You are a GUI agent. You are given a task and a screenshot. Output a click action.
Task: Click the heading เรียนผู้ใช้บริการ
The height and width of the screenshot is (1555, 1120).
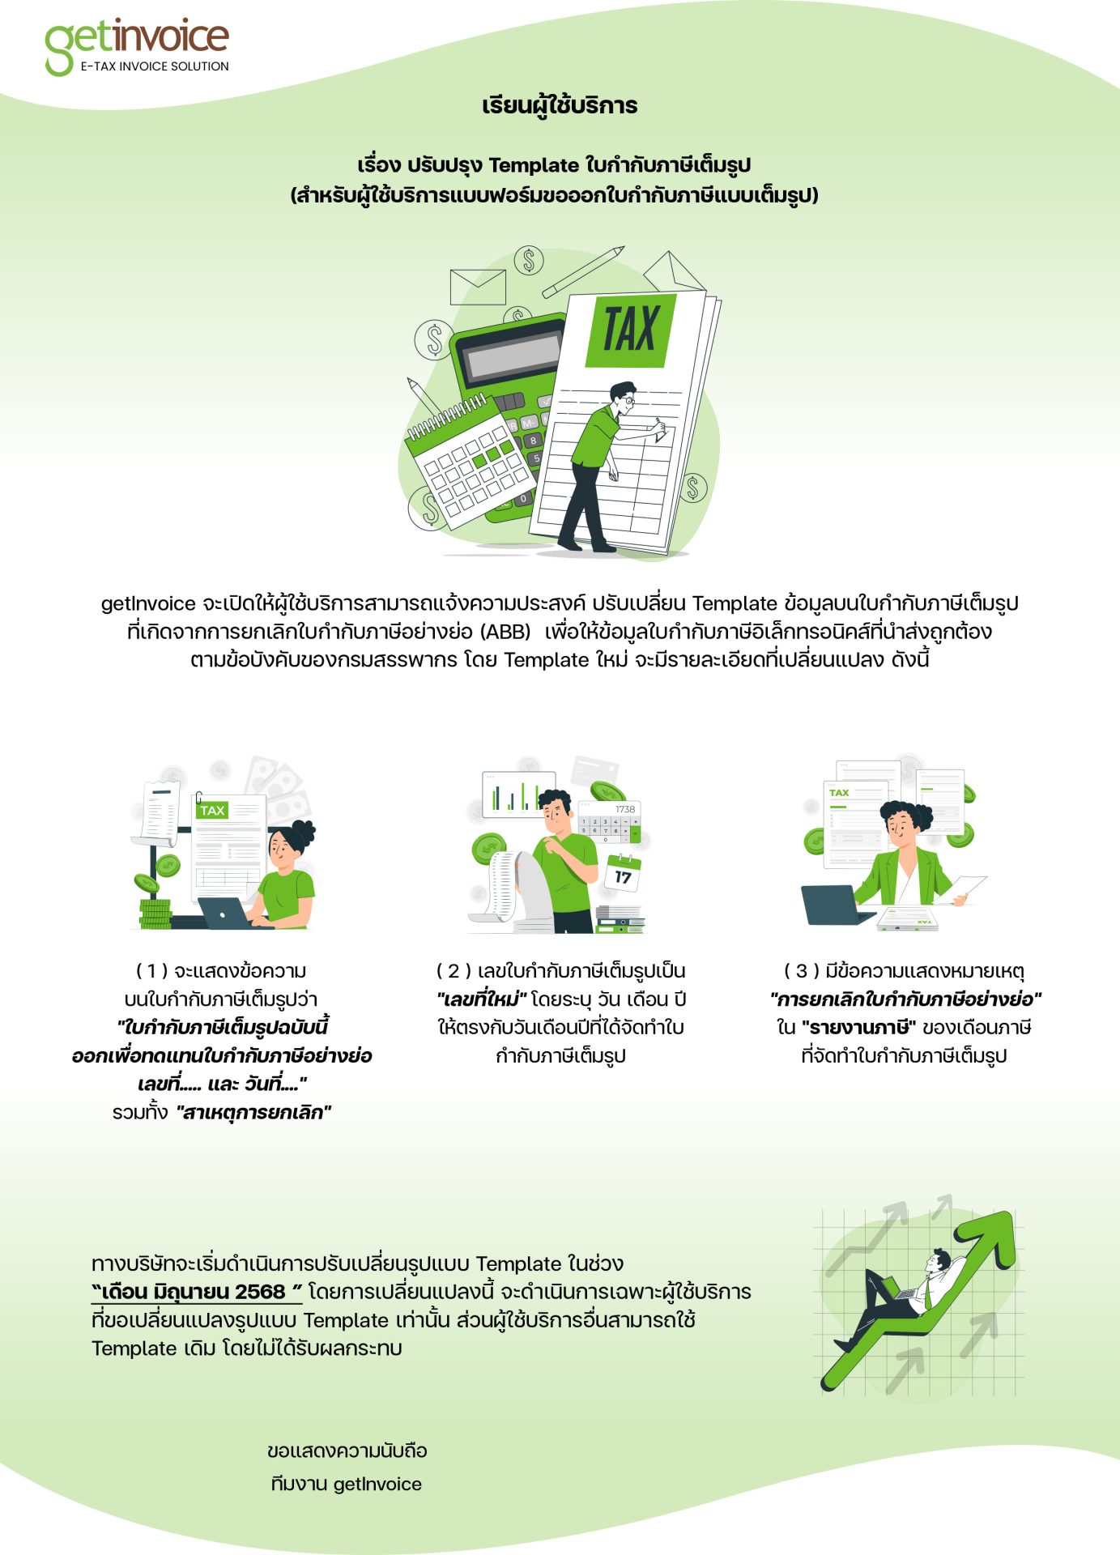(x=560, y=105)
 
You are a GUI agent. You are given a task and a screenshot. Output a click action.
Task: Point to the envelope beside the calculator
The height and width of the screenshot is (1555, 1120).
(x=478, y=287)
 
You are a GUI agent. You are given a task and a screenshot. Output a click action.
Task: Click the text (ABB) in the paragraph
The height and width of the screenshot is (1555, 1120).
(x=506, y=632)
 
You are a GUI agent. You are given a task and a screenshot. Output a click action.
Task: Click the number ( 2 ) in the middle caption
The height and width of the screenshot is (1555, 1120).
(x=454, y=971)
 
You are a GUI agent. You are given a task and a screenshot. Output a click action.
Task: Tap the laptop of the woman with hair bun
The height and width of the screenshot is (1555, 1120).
(x=226, y=914)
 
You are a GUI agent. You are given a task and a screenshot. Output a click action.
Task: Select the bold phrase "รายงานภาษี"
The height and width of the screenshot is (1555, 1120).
(x=858, y=1028)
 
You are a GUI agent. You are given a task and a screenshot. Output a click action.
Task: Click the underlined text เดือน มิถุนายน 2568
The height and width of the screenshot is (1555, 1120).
(x=196, y=1291)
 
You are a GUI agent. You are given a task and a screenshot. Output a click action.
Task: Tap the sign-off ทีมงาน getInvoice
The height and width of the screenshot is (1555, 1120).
(x=347, y=1484)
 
